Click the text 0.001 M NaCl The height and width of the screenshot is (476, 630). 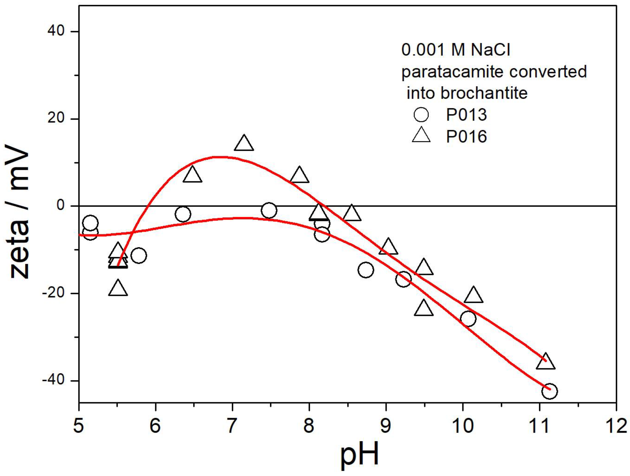456,50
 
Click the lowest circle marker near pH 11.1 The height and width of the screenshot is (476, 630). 549,391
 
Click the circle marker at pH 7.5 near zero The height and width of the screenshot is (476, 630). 269,210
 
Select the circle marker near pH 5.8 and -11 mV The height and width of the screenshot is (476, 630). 139,255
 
